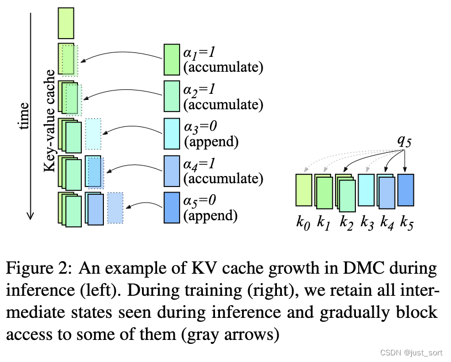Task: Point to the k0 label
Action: tap(302, 224)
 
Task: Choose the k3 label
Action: tap(366, 224)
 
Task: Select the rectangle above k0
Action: tap(303, 190)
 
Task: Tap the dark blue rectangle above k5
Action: tap(406, 190)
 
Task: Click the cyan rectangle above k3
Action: tap(366, 190)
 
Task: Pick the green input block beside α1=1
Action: tap(172, 60)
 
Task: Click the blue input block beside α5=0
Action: tap(172, 207)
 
